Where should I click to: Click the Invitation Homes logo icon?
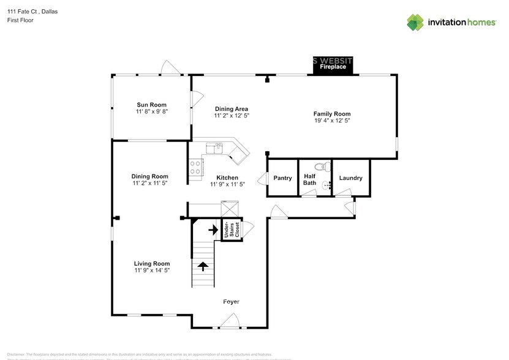tap(415, 22)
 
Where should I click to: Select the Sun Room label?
tap(151, 105)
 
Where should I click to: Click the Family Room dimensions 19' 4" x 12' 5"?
tap(332, 121)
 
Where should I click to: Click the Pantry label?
tap(282, 178)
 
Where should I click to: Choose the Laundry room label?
tap(351, 178)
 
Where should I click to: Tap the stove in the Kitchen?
tap(196, 167)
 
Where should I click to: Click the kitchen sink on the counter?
tap(215, 147)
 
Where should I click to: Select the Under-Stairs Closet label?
tap(230, 230)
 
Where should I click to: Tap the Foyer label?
tap(231, 302)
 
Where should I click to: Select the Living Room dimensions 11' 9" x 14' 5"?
tap(152, 270)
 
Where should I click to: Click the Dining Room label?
tap(150, 176)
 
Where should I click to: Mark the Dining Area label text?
tap(232, 108)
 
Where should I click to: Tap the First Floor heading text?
tap(21, 20)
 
